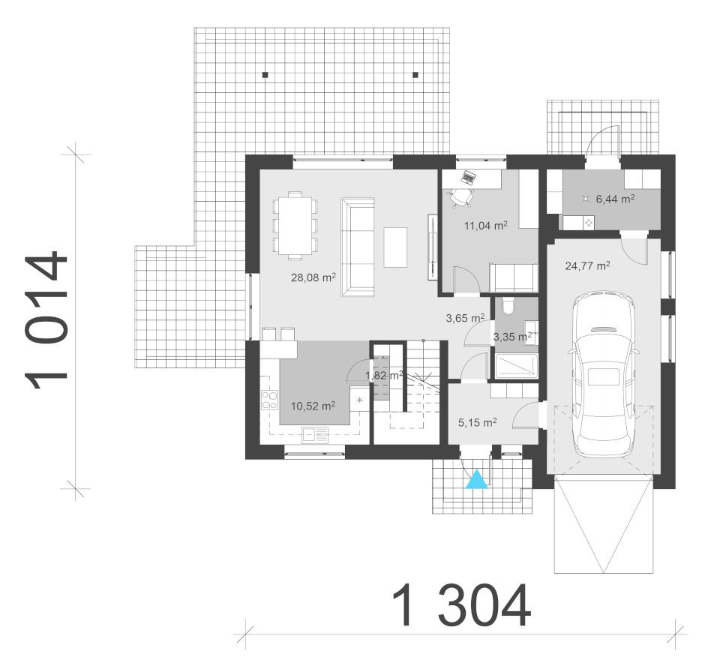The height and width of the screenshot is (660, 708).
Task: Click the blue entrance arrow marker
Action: [x=477, y=479]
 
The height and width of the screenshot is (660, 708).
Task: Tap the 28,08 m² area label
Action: [x=313, y=277]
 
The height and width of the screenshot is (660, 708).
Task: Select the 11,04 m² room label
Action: [x=485, y=225]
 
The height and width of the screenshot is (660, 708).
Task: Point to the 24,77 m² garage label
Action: [x=587, y=266]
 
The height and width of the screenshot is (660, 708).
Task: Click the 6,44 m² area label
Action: [x=616, y=199]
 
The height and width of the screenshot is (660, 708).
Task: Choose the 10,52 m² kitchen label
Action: [x=313, y=406]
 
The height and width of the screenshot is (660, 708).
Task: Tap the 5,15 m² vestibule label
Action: [x=477, y=422]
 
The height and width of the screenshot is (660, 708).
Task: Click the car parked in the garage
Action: [x=603, y=374]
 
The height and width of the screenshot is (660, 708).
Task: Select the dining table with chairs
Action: [x=295, y=225]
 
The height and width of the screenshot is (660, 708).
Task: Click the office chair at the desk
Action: [x=461, y=197]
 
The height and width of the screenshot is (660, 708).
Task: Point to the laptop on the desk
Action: [x=468, y=177]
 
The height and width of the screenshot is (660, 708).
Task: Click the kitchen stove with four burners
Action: [x=270, y=400]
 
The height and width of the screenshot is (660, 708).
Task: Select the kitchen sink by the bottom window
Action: [x=315, y=434]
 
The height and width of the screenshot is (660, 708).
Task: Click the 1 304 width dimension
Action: [x=460, y=605]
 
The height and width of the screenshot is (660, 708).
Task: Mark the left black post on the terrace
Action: [x=265, y=75]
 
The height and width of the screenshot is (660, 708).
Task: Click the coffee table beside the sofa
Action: [x=395, y=247]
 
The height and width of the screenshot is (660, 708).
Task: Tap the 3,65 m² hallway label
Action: [x=466, y=318]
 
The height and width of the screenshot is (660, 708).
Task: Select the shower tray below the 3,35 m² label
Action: [x=514, y=367]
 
